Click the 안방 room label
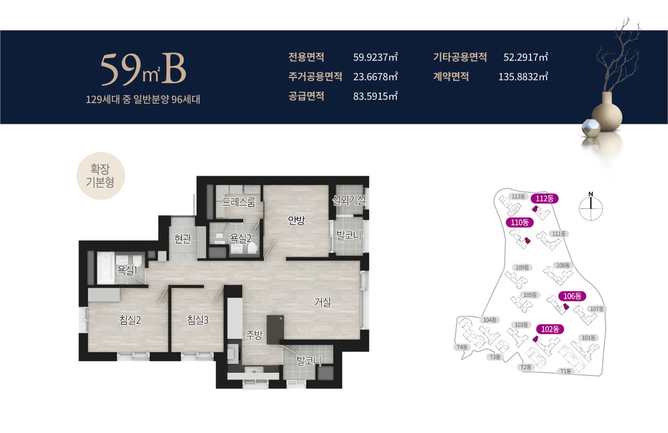point(296,220)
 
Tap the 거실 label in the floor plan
point(322,302)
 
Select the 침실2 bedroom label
point(130,320)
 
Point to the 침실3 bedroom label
point(198,320)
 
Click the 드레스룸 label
point(239,202)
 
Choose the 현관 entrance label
point(183,239)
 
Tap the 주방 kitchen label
point(254,335)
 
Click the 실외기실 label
point(348,200)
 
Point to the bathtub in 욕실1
point(106,269)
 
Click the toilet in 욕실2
point(252,248)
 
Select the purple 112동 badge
point(544,198)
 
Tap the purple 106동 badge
point(572,296)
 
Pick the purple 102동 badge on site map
point(550,329)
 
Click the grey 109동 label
point(522,267)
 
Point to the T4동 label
point(462,347)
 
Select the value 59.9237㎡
point(375,57)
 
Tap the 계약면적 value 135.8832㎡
point(523,76)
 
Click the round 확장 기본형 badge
point(101,176)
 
